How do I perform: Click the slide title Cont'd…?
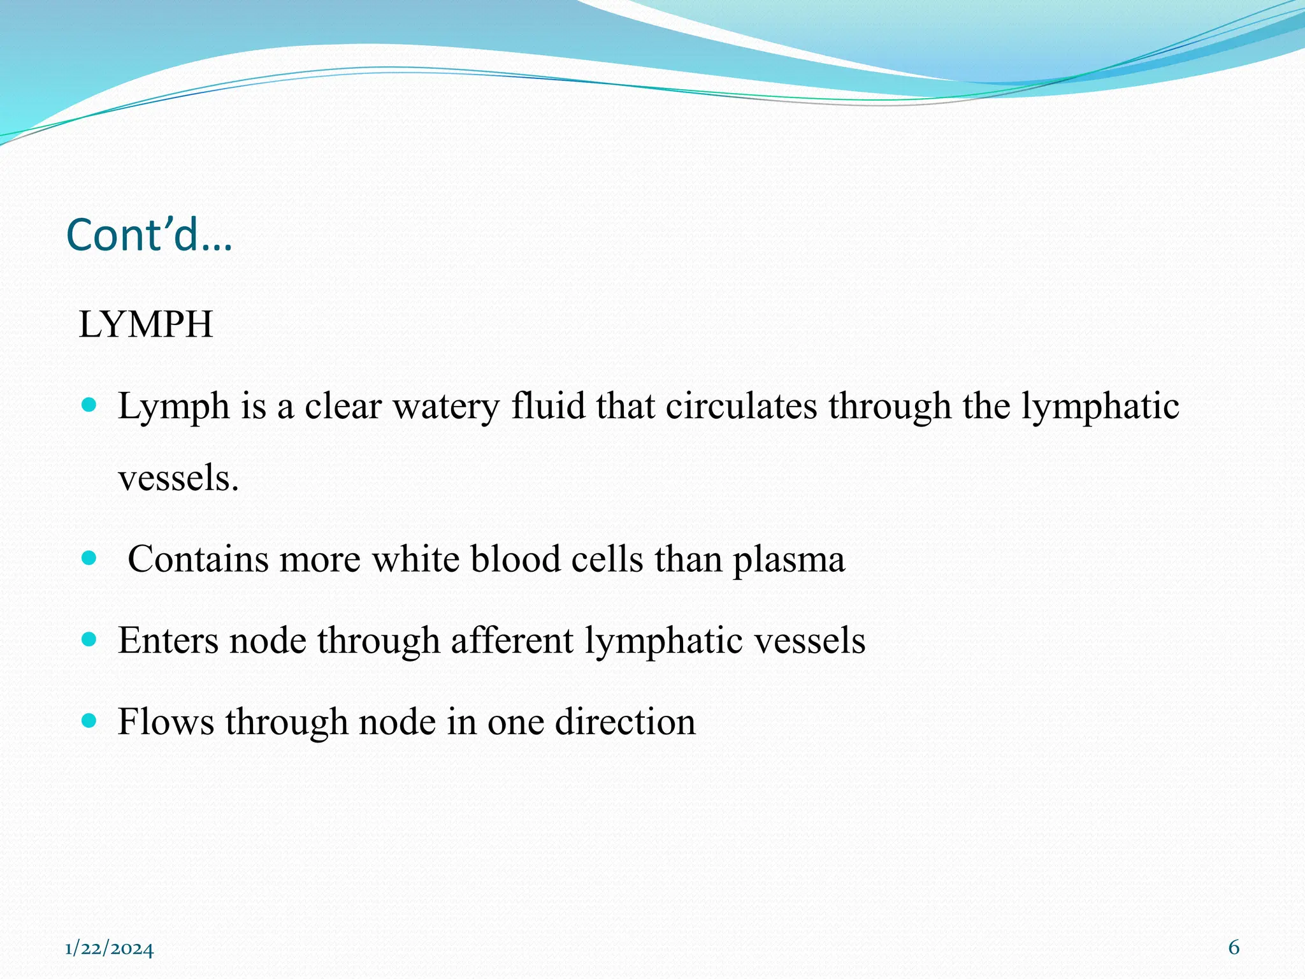[x=149, y=235]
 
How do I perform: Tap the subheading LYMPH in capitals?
[x=145, y=324]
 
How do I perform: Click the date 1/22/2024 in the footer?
[x=109, y=949]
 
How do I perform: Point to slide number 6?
[x=1234, y=948]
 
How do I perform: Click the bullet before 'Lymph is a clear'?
[x=89, y=405]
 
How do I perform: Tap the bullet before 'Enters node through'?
[x=89, y=639]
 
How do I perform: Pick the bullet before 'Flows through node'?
[x=89, y=721]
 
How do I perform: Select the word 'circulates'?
[x=741, y=406]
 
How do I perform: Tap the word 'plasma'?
[x=788, y=560]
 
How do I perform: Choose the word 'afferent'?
[x=512, y=640]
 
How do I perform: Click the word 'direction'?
[x=625, y=722]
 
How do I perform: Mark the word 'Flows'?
[x=166, y=722]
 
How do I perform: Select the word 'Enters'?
[x=168, y=640]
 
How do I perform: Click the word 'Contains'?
[x=198, y=559]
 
